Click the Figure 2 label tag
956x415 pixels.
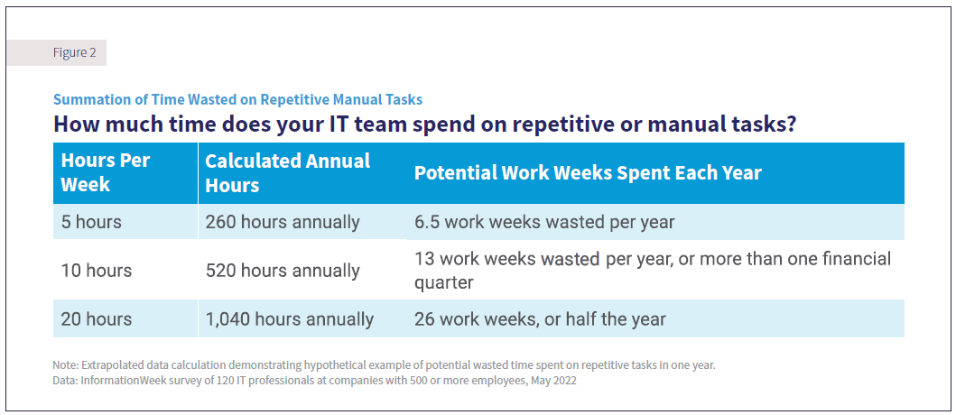tap(74, 53)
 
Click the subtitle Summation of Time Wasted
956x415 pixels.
tap(237, 100)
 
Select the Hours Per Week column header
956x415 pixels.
tap(106, 172)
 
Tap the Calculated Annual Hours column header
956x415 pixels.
tap(287, 172)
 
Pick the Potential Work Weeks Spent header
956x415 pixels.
tap(588, 172)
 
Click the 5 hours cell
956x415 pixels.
tap(90, 222)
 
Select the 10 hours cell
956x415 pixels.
tap(96, 271)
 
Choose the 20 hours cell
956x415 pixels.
tap(96, 319)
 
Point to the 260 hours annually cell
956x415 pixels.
tap(283, 222)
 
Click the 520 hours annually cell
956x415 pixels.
tap(283, 271)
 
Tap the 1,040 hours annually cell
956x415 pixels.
tap(289, 319)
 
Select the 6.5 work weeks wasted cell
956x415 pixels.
tap(544, 222)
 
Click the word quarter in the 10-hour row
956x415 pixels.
tap(444, 282)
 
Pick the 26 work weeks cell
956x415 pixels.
tap(540, 319)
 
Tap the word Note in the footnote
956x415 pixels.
tap(65, 365)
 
